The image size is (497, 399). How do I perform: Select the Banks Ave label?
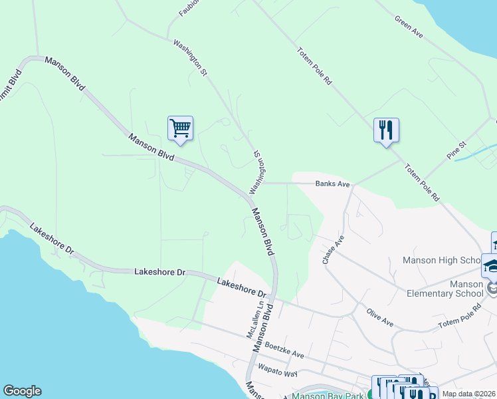[332, 184]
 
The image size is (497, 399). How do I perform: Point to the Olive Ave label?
[379, 317]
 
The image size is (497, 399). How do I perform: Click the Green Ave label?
[409, 27]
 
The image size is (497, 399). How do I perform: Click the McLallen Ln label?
[252, 321]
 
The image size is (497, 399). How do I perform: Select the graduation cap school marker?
[492, 265]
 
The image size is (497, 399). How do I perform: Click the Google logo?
[22, 391]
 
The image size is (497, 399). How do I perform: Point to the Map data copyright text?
[469, 393]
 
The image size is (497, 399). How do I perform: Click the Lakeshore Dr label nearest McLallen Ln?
[241, 288]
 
